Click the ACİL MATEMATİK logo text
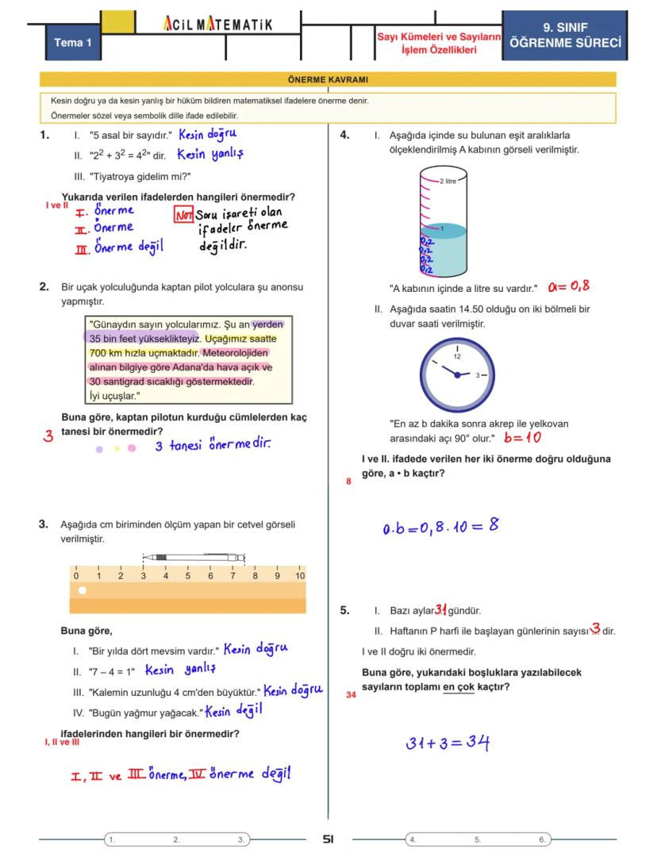coord(217,25)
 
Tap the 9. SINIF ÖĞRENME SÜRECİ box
coord(565,36)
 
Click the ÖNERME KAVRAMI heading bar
coord(328,79)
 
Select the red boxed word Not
coord(184,215)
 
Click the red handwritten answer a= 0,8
coord(568,286)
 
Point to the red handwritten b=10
coord(522,437)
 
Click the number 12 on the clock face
coord(457,356)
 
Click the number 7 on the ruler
coord(232,576)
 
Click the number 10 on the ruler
coord(299,576)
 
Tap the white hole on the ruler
coord(82,590)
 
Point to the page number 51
coord(328,839)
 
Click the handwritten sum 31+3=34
coord(448,743)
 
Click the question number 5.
coord(344,610)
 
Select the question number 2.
coord(44,287)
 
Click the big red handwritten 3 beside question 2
coord(48,436)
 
